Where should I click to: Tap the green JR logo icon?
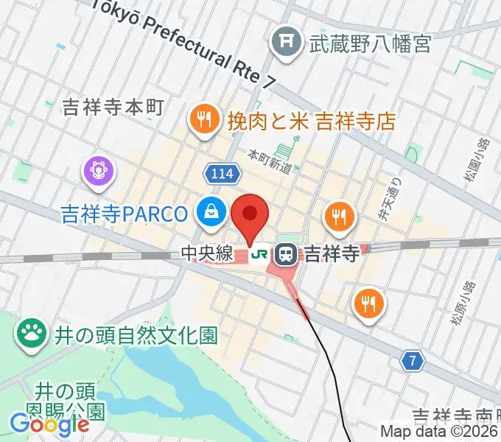[x=259, y=255]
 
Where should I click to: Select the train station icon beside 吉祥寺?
[x=286, y=255]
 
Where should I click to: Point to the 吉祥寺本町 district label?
[x=112, y=108]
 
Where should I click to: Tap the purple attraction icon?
[x=99, y=171]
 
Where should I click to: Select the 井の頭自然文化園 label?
[x=136, y=336]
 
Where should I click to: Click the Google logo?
[x=49, y=424]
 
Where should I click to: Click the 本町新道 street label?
[x=269, y=161]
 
